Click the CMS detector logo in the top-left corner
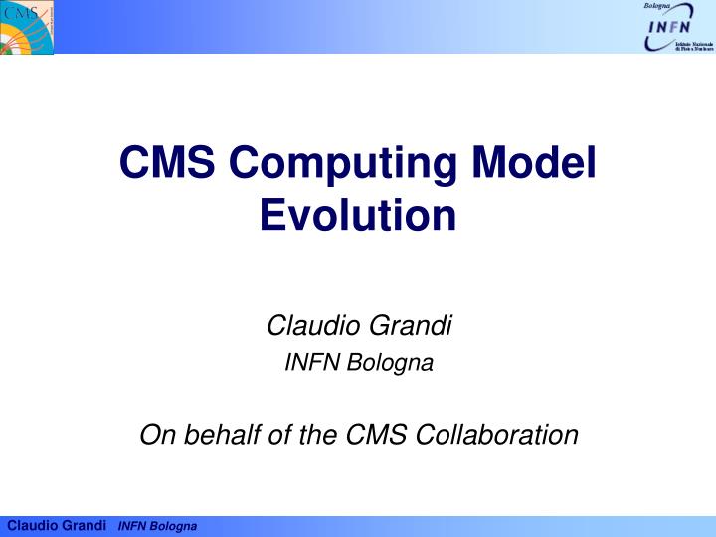tap(27, 27)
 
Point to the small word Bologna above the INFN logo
tap(658, 7)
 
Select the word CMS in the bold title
tap(158, 162)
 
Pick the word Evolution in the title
tap(358, 214)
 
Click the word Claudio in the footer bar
tap(31, 525)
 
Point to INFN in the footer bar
tap(132, 525)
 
